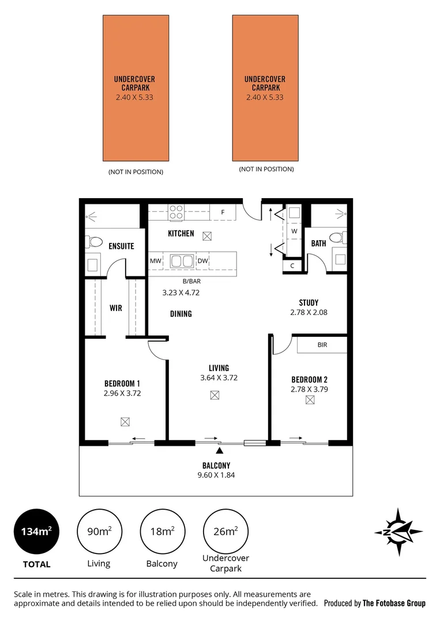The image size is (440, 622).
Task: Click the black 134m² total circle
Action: click(36, 531)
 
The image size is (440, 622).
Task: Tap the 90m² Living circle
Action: click(99, 531)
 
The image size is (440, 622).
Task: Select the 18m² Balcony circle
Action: click(162, 531)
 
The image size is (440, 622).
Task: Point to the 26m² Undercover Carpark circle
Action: click(225, 531)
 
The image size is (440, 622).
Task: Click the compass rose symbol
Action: click(398, 532)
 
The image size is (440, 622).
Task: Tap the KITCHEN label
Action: click(180, 234)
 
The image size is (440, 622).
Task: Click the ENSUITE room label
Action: click(121, 246)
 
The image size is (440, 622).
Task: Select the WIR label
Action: click(115, 308)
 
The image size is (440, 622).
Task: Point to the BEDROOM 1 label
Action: click(122, 384)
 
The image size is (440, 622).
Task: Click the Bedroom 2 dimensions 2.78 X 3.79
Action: click(309, 389)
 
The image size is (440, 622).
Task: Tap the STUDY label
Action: click(309, 302)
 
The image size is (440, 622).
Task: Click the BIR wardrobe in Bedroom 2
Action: click(322, 345)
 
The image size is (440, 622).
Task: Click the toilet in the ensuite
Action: click(94, 242)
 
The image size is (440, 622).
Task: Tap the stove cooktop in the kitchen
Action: click(176, 213)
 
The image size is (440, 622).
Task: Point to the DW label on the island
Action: click(202, 261)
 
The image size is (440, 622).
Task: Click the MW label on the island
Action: click(155, 261)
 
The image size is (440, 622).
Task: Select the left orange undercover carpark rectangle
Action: click(136, 88)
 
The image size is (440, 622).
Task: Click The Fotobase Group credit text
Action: click(393, 603)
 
